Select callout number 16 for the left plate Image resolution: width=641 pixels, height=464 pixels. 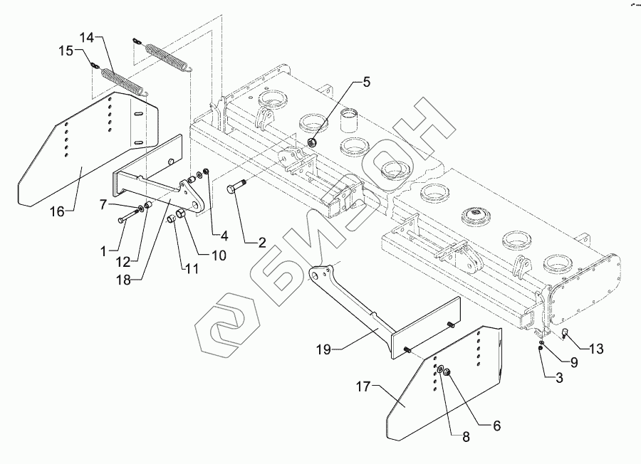[58, 211]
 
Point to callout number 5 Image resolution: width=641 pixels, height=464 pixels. [366, 82]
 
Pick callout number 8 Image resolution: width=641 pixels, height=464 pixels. [466, 438]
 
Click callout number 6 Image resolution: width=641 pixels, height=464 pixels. [496, 426]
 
